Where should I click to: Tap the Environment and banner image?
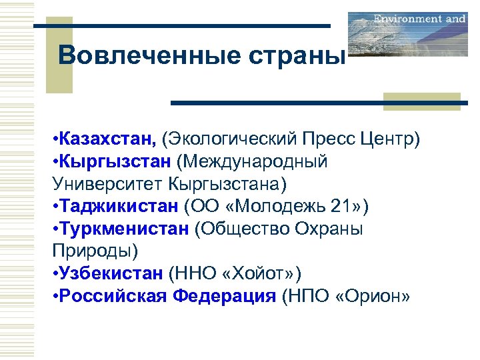tap(407, 33)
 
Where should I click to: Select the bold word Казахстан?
tap(107, 139)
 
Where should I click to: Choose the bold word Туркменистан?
tap(124, 229)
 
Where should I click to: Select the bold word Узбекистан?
tap(111, 273)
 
